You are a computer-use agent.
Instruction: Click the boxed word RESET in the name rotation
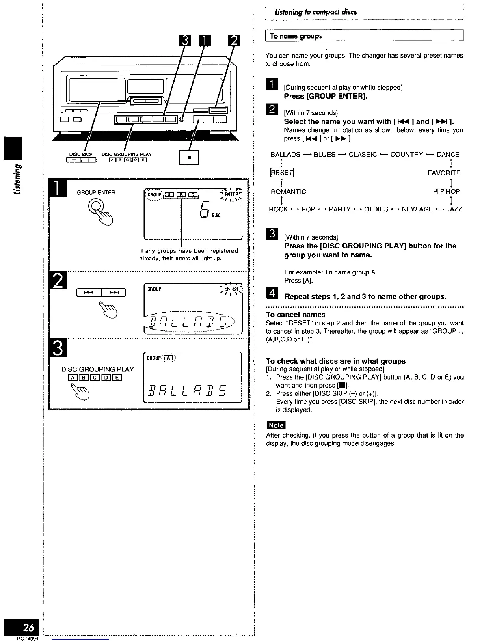282,173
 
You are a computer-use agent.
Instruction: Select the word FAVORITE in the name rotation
444,173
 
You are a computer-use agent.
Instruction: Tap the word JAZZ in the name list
454,209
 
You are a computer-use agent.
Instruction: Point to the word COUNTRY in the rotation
406,155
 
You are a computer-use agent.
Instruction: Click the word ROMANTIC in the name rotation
288,192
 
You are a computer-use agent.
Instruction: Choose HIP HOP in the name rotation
447,192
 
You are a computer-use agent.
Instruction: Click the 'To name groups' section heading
296,36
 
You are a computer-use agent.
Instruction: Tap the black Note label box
276,425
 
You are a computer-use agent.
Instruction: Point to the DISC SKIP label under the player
81,154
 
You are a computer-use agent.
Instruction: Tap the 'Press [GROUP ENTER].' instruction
326,96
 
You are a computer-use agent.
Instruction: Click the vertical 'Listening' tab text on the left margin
17,179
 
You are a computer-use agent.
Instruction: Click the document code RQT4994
28,639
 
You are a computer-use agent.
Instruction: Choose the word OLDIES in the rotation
376,209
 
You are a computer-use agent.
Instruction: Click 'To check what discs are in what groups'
336,361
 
